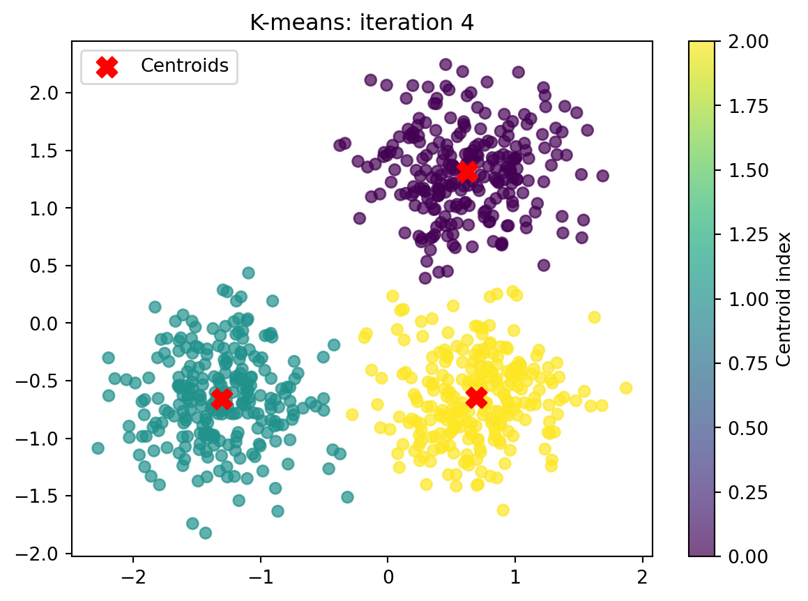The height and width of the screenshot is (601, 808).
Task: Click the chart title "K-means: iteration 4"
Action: pyautogui.click(x=362, y=22)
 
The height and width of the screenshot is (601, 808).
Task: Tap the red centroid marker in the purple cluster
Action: pyautogui.click(x=467, y=171)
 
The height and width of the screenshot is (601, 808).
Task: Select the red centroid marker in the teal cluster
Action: pyautogui.click(x=221, y=398)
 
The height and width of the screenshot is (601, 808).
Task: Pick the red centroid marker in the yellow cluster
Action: pyautogui.click(x=476, y=397)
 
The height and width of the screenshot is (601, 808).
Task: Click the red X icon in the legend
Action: pyautogui.click(x=106, y=66)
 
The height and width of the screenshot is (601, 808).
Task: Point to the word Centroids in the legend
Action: pyautogui.click(x=185, y=66)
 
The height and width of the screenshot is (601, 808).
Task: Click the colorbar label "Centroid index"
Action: pyautogui.click(x=784, y=298)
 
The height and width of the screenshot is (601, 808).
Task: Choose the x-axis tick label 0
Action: pyautogui.click(x=388, y=577)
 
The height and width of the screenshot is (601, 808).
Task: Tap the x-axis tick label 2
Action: pyautogui.click(x=642, y=577)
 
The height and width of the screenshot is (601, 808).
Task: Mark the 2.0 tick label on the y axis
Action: pyautogui.click(x=50, y=93)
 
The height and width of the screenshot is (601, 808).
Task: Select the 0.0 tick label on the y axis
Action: pyautogui.click(x=50, y=323)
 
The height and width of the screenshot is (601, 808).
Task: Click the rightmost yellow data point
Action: pyautogui.click(x=626, y=388)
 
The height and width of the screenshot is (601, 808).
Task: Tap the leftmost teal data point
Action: pyautogui.click(x=98, y=448)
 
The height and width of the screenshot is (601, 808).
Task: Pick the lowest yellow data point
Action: pyautogui.click(x=503, y=510)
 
